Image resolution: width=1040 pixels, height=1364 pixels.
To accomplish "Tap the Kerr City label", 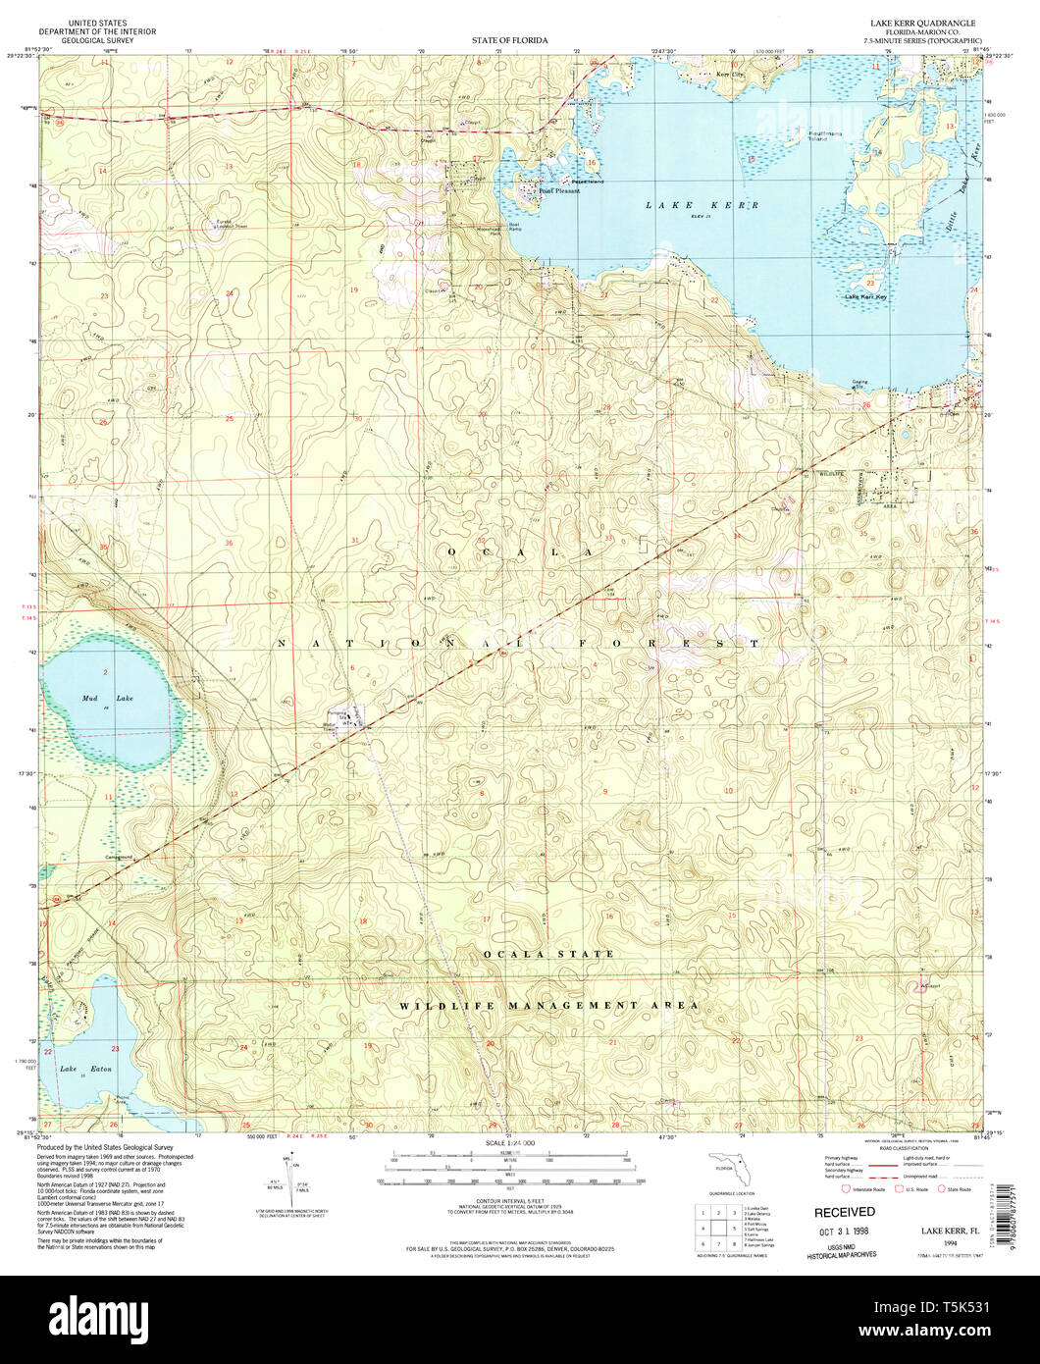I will coord(731,75).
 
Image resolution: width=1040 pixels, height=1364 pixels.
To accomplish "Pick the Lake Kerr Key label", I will coord(865,296).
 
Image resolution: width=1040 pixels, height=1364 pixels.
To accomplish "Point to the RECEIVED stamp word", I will coord(844,1212).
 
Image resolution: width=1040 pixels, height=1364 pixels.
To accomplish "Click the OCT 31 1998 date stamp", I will coord(842,1230).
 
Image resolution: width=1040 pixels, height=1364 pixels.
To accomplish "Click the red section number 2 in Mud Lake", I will coord(104,671).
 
